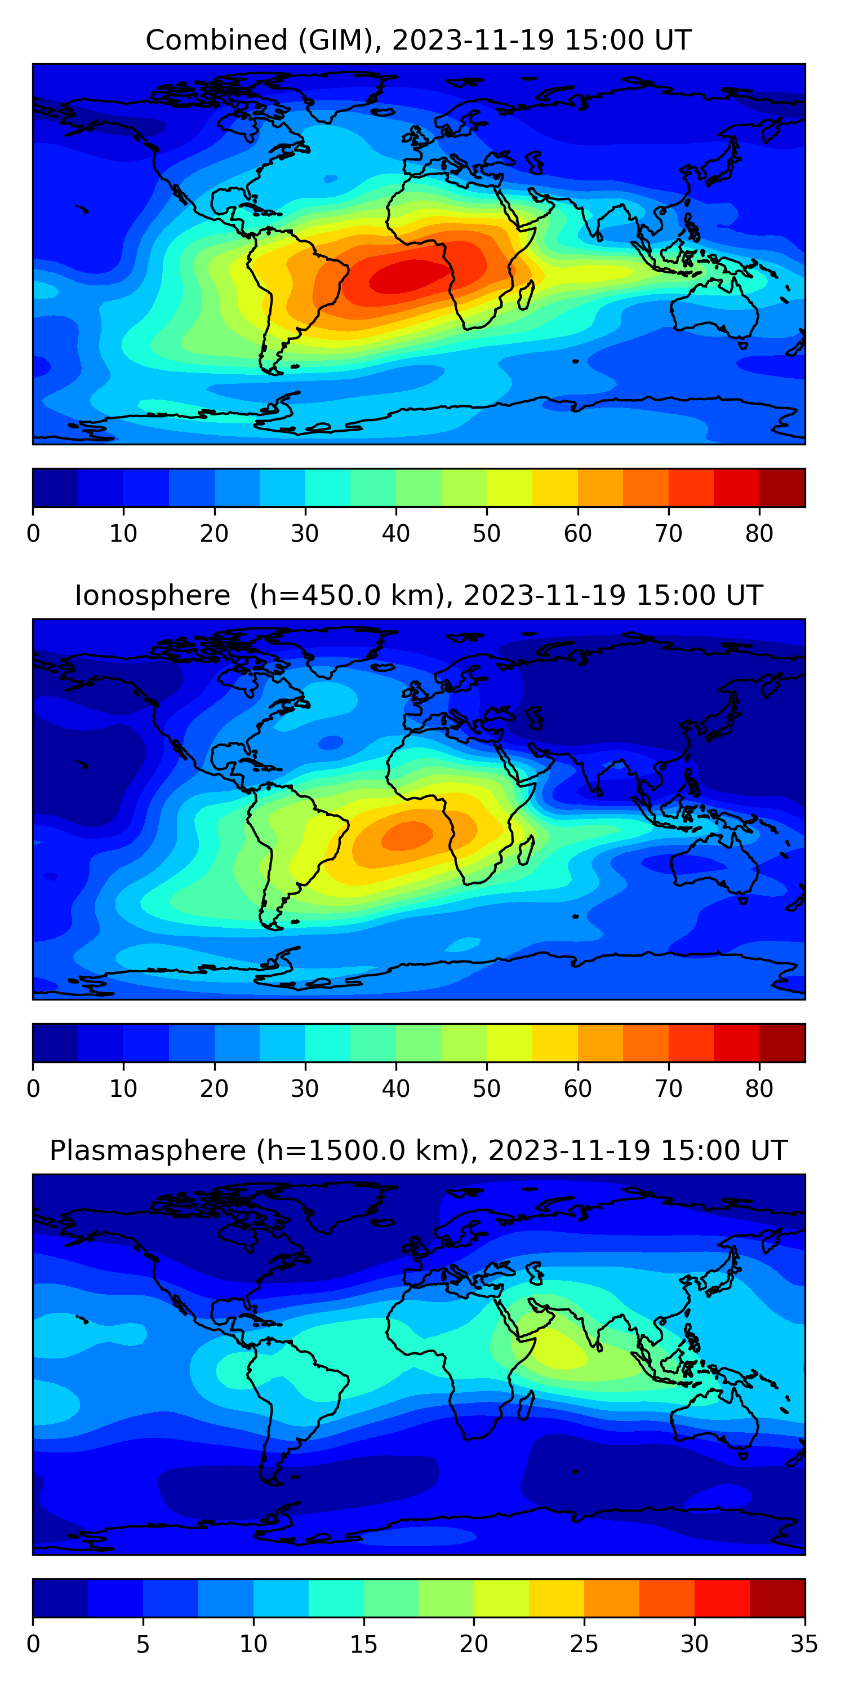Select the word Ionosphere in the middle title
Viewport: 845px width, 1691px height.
152,596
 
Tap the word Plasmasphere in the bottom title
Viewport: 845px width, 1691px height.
147,1151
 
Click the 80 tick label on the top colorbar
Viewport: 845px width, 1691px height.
759,534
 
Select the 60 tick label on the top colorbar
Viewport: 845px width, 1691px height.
577,534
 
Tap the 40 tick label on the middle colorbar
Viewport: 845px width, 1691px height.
395,1088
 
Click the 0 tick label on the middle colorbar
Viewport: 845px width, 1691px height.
33,1088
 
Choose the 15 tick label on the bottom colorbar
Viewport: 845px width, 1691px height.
363,1644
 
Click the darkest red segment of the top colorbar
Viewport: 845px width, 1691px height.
782,488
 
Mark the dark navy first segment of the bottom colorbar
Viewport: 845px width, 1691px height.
60,1598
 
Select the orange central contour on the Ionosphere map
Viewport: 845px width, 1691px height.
407,835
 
